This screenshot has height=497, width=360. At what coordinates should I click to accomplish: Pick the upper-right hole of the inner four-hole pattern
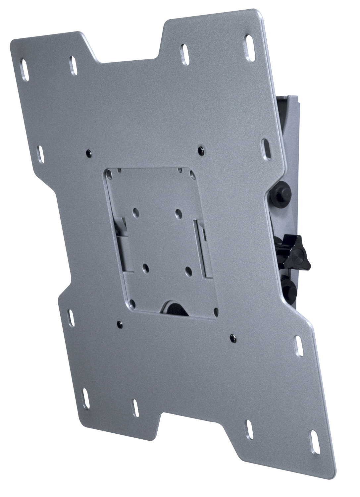coord(178,211)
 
